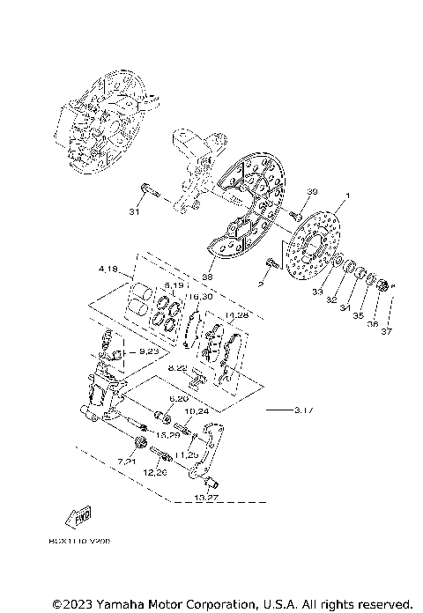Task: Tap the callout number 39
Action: click(311, 192)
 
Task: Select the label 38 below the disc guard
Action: click(208, 276)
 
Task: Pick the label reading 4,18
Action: click(110, 269)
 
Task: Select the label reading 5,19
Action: click(172, 286)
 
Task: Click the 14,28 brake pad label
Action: click(237, 314)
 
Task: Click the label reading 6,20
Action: click(179, 399)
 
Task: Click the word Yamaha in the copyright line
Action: click(119, 603)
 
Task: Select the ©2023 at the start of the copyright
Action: click(70, 603)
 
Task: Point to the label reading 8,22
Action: click(177, 368)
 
